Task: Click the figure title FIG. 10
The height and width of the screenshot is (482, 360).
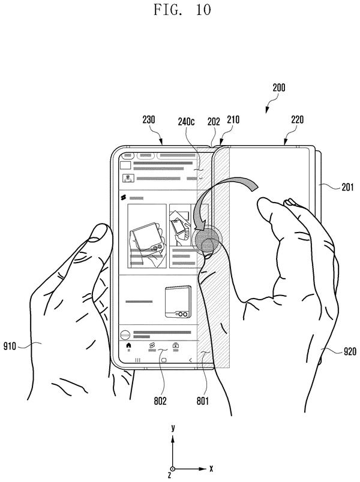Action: [182, 10]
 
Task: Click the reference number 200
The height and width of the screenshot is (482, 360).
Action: [279, 88]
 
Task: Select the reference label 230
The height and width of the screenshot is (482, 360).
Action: [149, 119]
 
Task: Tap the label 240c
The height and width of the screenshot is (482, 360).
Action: [186, 122]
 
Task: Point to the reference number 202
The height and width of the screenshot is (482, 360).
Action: [214, 122]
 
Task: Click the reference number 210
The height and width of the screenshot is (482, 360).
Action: [233, 119]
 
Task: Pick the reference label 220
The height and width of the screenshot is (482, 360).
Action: [297, 119]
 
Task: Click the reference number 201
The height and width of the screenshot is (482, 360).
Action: [347, 186]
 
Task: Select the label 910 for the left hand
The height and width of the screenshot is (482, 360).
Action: [10, 346]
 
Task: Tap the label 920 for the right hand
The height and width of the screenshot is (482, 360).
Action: [350, 351]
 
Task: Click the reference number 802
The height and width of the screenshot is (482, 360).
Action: [160, 400]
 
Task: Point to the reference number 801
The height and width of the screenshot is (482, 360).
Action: [202, 400]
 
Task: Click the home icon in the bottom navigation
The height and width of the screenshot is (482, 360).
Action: [129, 345]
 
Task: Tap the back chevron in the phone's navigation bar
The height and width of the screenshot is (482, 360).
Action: [190, 360]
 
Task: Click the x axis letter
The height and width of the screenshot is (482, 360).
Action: [211, 468]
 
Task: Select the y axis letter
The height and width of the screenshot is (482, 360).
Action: [173, 427]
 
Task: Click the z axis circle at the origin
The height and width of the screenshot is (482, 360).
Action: [173, 469]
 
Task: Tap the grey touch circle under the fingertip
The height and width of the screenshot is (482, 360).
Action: [206, 239]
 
